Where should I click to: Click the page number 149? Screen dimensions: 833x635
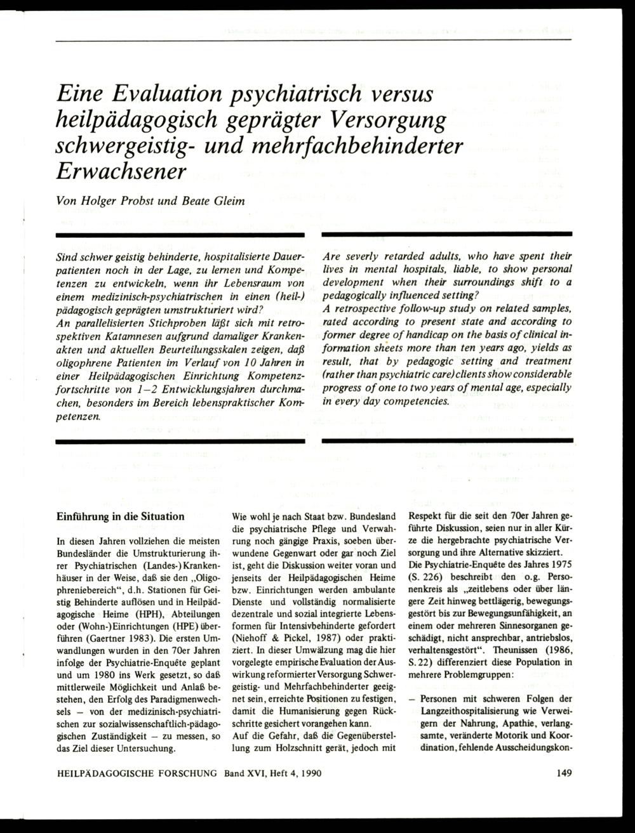(563, 773)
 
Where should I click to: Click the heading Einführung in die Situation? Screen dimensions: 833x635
(121, 516)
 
